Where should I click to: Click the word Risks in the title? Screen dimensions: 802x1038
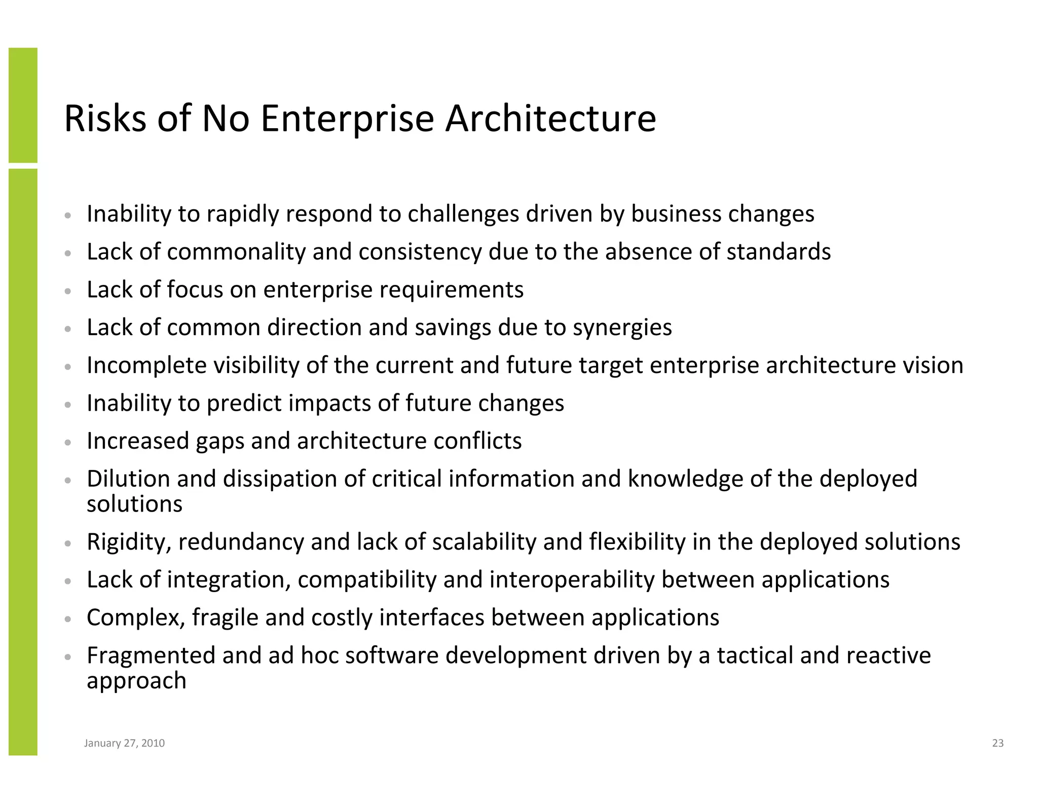click(x=105, y=119)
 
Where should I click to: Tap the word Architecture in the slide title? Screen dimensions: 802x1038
click(x=550, y=119)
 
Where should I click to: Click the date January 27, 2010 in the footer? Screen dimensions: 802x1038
click(x=124, y=743)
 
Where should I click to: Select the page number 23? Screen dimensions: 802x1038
click(x=997, y=743)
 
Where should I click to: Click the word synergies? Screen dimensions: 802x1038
click(x=622, y=328)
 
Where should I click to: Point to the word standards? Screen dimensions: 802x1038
click(x=778, y=252)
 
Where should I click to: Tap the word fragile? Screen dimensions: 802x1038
click(x=225, y=618)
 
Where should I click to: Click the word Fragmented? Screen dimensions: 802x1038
click(x=151, y=655)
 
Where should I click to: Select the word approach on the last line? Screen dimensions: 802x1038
click(x=136, y=681)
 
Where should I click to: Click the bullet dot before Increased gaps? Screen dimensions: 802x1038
click(x=67, y=442)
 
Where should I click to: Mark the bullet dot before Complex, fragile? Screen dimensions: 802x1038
click(x=67, y=618)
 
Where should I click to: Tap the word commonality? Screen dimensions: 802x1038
click(x=236, y=252)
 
